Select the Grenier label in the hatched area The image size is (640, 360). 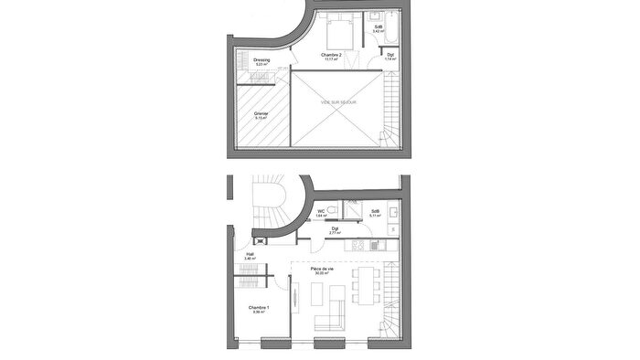[x=261, y=115]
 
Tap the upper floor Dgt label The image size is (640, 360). [x=390, y=57]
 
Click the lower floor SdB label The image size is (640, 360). [x=375, y=213]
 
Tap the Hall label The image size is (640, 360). [x=250, y=257]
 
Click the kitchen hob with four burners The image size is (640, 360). [x=359, y=244]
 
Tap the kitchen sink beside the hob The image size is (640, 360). [x=375, y=244]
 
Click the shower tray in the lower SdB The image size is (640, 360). [x=355, y=210]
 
